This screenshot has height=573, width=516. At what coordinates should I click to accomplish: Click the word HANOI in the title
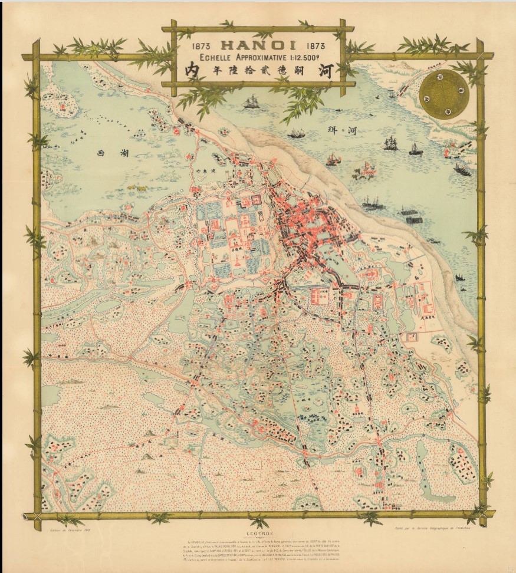click(258, 45)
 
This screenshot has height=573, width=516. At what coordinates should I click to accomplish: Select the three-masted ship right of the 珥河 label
click(390, 143)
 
